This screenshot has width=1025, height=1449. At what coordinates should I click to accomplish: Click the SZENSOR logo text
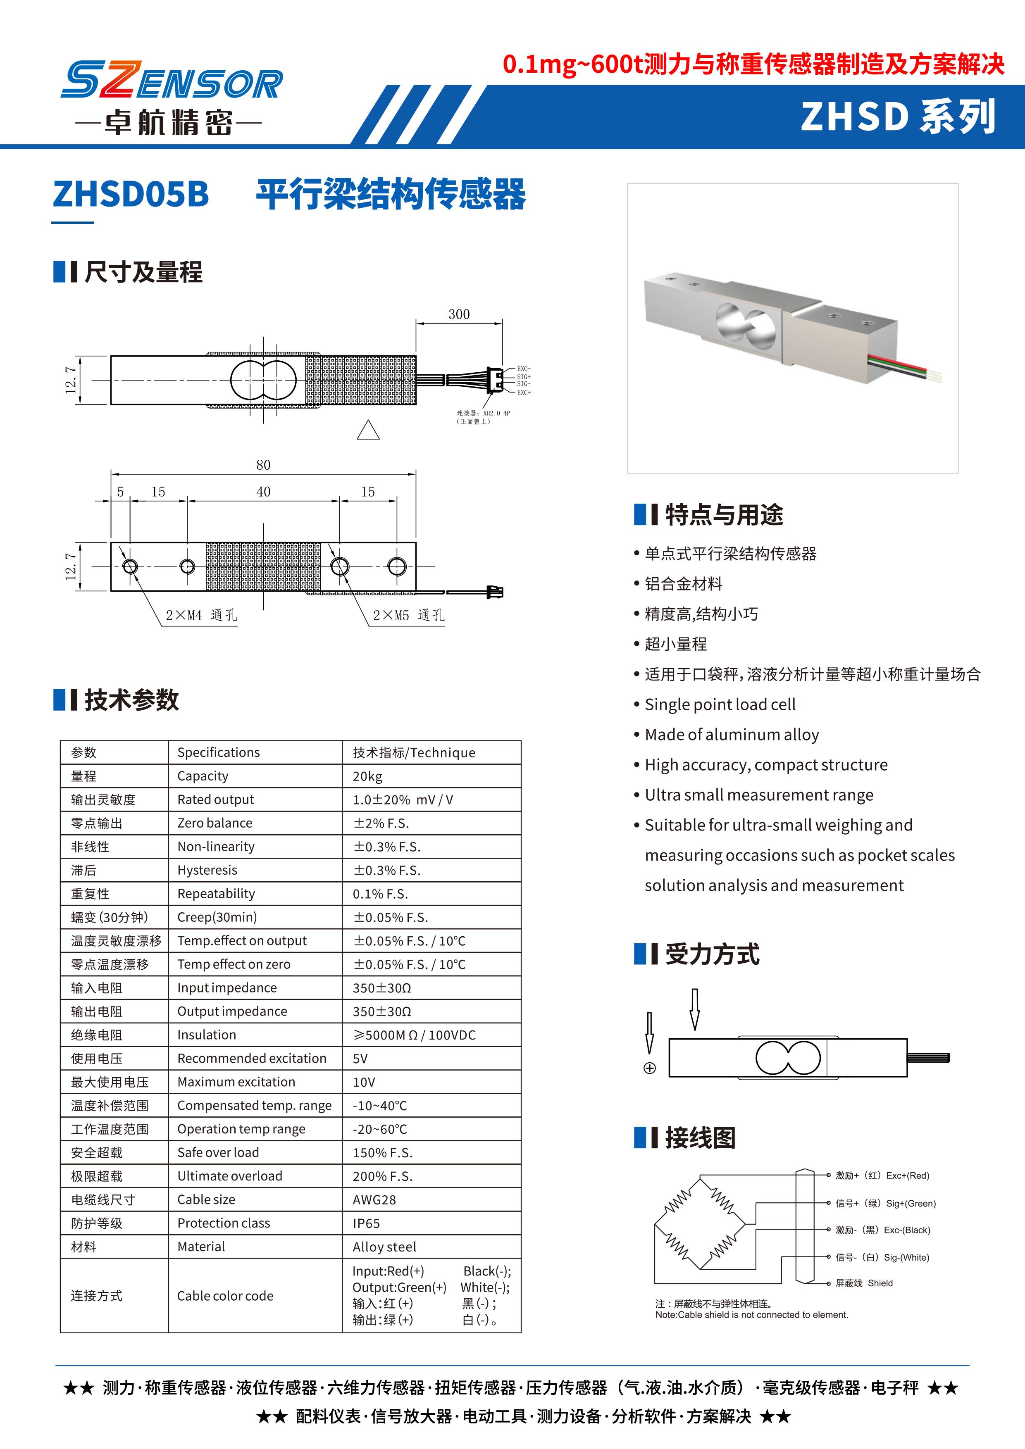[x=171, y=80]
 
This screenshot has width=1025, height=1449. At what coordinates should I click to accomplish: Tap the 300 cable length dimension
[x=459, y=314]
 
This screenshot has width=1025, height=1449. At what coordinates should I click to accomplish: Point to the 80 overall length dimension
[x=263, y=465]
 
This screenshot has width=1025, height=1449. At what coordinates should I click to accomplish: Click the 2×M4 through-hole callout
[x=201, y=615]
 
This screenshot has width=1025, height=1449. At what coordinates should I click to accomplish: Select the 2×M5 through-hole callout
[x=408, y=615]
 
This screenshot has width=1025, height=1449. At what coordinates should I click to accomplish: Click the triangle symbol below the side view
[x=368, y=431]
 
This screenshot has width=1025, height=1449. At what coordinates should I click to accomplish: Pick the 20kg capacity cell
[x=368, y=776]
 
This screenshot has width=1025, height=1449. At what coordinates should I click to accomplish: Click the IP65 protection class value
[x=367, y=1223]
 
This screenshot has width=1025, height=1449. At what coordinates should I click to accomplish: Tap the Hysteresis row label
[x=207, y=870]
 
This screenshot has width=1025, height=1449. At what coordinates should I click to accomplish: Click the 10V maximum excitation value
[x=364, y=1082]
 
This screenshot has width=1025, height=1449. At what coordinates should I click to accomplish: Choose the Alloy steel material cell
[x=384, y=1247]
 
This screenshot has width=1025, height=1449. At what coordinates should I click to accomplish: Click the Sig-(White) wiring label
[x=882, y=1257]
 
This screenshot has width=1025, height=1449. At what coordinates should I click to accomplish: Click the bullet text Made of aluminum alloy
[x=732, y=735]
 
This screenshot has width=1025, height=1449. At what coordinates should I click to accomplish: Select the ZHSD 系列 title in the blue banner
[x=898, y=117]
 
